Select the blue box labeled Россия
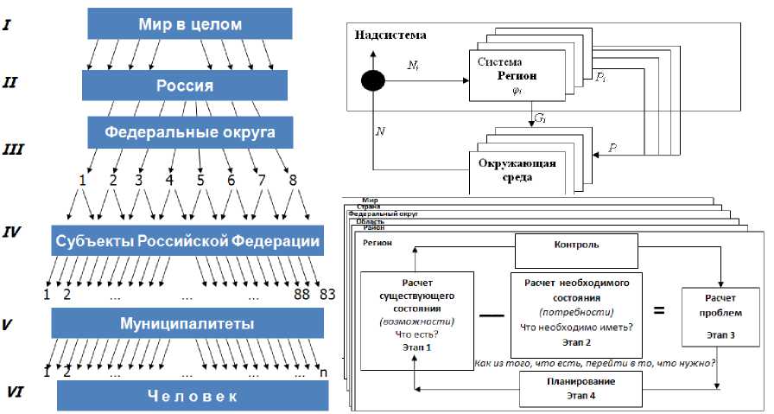(x=184, y=86)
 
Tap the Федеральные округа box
(x=190, y=133)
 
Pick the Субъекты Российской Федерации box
(x=187, y=241)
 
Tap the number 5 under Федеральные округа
(x=200, y=182)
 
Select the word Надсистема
(x=390, y=35)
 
